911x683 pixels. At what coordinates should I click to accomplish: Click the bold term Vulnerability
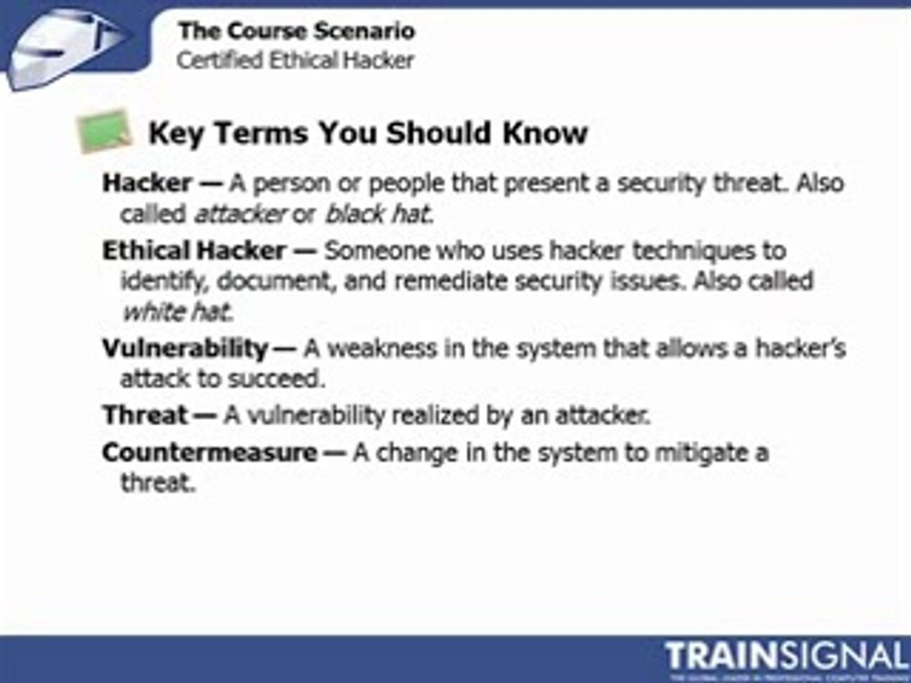(x=185, y=348)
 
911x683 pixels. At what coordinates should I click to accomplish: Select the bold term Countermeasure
(x=210, y=452)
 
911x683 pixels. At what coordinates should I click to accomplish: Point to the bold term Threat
(x=145, y=415)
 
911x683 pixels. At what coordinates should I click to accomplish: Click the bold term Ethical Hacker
(x=194, y=250)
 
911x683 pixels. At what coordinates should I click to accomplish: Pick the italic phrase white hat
(x=177, y=310)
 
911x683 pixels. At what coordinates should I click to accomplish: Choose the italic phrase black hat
(x=378, y=213)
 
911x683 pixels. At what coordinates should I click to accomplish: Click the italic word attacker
(x=240, y=213)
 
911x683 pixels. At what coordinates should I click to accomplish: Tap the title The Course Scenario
(x=296, y=31)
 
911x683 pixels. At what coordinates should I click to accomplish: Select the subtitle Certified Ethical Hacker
(x=296, y=61)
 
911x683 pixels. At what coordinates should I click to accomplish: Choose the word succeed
(x=286, y=378)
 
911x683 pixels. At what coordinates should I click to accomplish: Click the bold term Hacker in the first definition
(x=146, y=183)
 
